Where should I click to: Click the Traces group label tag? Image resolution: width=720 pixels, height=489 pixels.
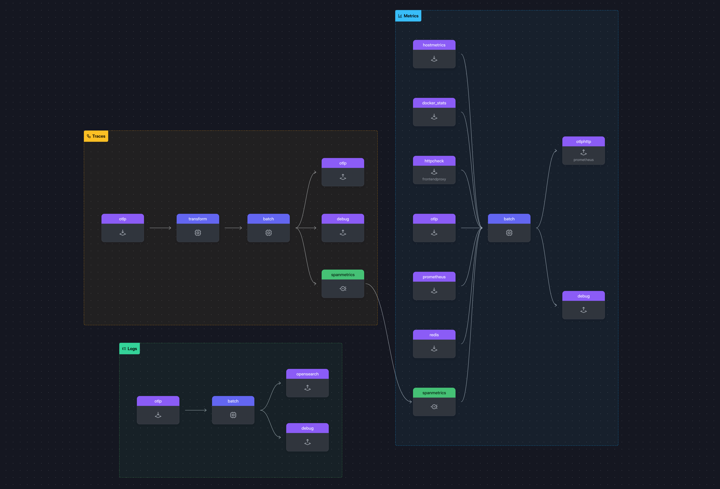[96, 136]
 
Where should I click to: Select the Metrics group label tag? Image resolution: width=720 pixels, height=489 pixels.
[408, 16]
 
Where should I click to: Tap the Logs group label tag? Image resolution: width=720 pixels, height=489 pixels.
[130, 349]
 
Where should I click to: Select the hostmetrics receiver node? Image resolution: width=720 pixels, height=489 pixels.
[434, 54]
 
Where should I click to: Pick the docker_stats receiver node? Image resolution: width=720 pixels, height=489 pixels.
[434, 112]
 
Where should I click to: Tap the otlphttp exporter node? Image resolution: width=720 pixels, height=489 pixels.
[583, 151]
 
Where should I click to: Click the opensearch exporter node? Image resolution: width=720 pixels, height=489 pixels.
[307, 383]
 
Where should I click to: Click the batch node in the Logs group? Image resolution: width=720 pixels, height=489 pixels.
[233, 410]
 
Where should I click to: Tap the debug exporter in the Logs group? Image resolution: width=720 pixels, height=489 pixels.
[307, 437]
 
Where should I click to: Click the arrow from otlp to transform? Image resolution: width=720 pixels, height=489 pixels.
[160, 228]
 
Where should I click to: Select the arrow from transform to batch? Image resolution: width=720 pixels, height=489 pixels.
[233, 228]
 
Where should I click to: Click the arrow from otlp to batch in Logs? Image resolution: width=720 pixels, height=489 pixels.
[195, 410]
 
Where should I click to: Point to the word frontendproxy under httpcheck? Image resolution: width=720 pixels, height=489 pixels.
[434, 179]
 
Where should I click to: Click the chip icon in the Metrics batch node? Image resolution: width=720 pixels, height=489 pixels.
[509, 233]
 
